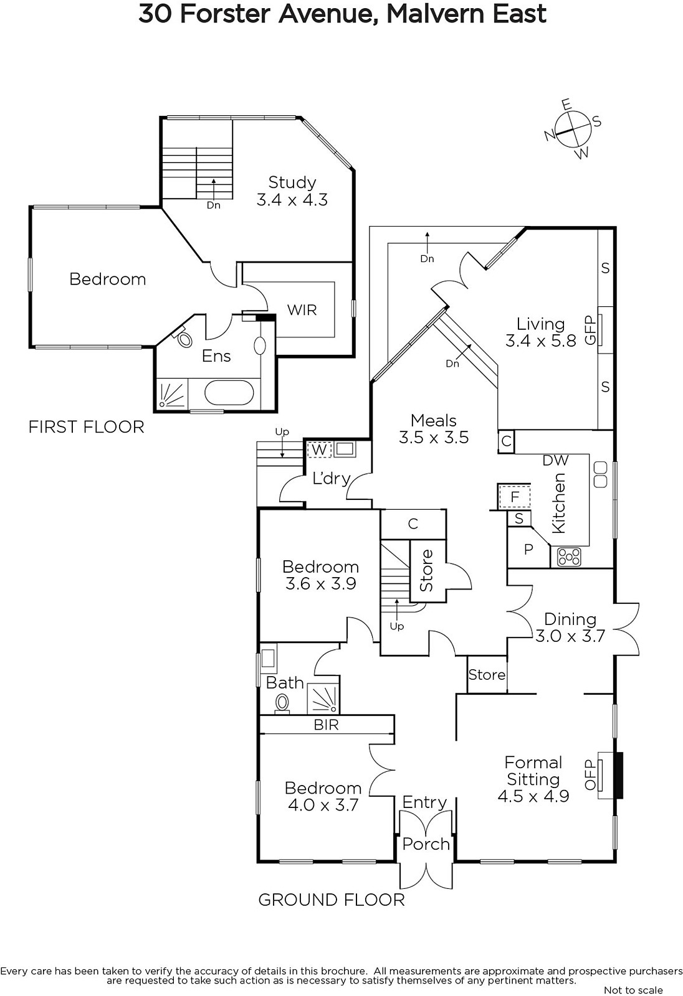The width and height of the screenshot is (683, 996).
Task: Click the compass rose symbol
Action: pos(573,129)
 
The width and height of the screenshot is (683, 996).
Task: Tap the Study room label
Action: pos(292,182)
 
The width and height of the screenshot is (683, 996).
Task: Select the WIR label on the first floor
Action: pos(302,310)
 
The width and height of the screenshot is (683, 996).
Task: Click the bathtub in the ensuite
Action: pos(229,393)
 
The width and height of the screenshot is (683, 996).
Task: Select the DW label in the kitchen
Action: pos(556,460)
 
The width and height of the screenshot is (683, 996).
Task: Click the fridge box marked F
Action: pos(515,496)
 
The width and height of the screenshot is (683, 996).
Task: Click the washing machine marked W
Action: pos(319,449)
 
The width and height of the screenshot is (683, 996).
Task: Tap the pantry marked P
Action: pos(528,549)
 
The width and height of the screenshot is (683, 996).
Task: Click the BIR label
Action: pos(326,725)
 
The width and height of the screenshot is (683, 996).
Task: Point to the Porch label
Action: pos(426,844)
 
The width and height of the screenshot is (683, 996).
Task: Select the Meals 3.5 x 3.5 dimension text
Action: pos(434,437)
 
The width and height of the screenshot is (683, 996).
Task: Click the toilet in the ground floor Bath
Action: pos(282,703)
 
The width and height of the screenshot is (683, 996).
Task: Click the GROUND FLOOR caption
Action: pos(332,900)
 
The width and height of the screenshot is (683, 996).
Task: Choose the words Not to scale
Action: pos(633,990)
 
